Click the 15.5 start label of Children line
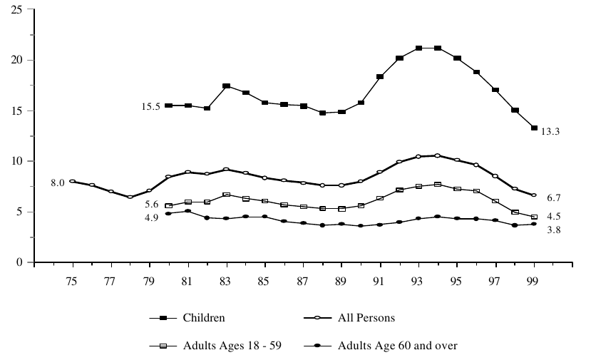tap(152, 106)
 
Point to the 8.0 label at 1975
tap(57, 183)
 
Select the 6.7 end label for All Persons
tap(552, 196)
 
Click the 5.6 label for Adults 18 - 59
tap(152, 204)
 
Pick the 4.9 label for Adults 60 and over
tap(152, 216)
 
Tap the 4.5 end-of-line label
tap(552, 217)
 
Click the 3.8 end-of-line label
tap(552, 230)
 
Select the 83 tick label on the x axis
tap(226, 282)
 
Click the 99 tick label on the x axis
tap(534, 282)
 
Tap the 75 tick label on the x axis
tap(72, 282)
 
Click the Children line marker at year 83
tap(226, 86)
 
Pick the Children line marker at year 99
tap(534, 128)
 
